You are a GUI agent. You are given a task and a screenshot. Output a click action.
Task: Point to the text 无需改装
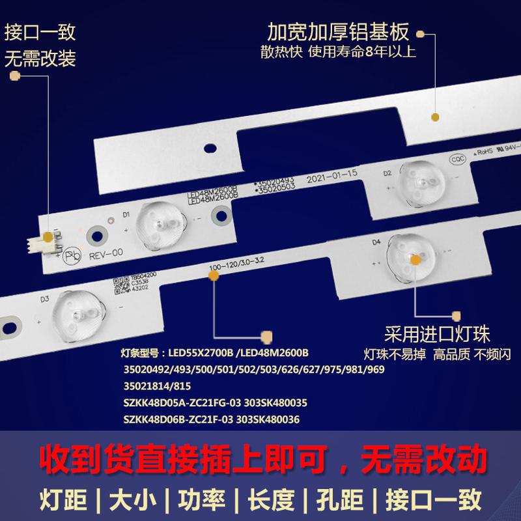click(40, 59)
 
